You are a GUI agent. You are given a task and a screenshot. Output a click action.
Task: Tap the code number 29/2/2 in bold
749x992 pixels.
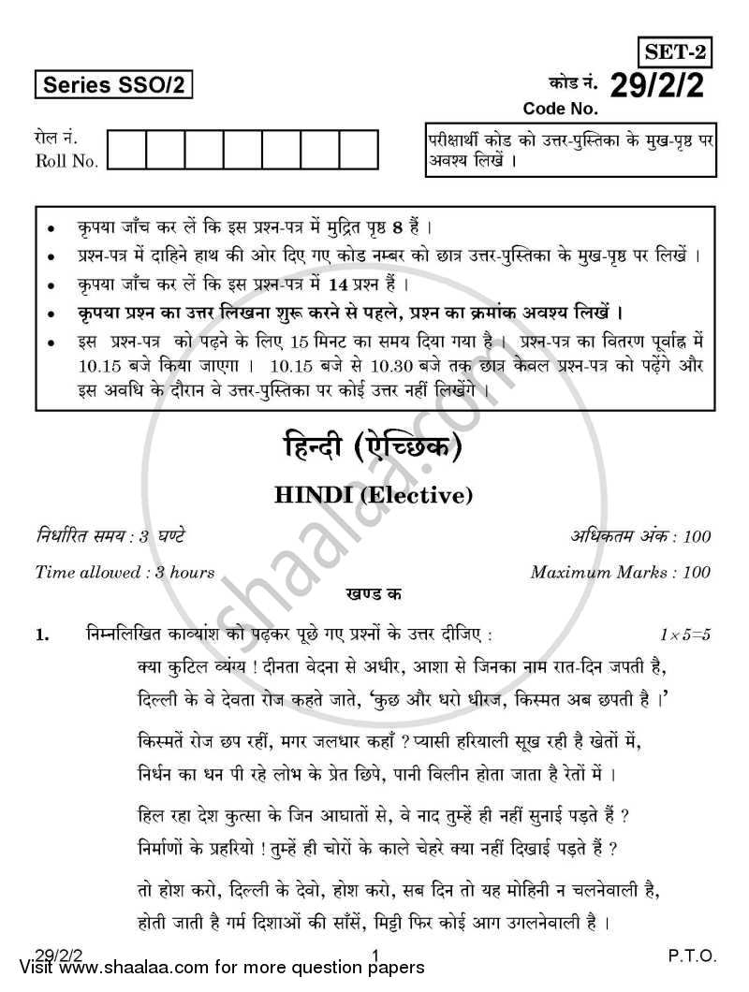(660, 86)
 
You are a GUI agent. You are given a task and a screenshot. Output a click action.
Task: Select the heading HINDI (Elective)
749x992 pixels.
(373, 496)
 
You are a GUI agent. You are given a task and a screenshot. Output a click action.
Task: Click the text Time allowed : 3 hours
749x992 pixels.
(125, 572)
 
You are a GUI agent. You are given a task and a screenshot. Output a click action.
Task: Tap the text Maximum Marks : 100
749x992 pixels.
(620, 572)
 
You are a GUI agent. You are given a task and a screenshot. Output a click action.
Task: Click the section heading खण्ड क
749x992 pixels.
(373, 593)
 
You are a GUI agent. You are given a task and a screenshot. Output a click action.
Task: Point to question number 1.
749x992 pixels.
(40, 635)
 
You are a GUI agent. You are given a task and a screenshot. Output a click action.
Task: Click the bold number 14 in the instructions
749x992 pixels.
(375, 284)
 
